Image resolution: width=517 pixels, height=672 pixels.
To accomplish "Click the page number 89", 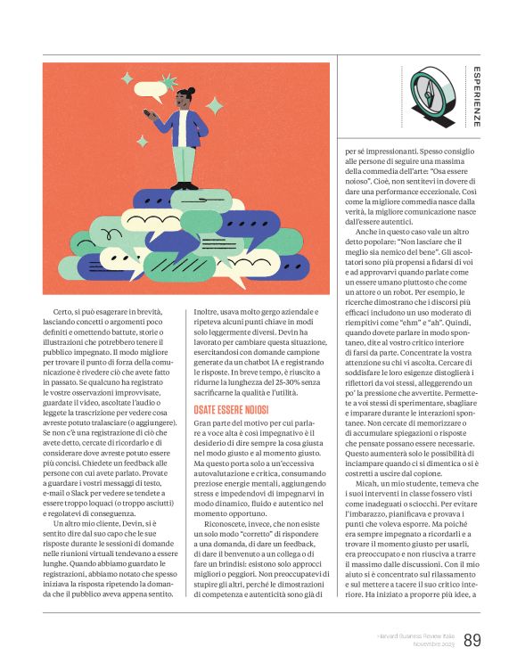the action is point(472,640).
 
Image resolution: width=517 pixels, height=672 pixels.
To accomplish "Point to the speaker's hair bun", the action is point(191,90).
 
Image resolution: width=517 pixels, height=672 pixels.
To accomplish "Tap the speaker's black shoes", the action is point(185,185).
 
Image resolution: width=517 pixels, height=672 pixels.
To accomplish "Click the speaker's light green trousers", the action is point(185,160).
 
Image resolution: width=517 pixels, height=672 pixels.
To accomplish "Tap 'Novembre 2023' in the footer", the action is point(430,643).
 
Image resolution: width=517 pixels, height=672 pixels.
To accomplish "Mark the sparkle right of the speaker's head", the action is point(215,105).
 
